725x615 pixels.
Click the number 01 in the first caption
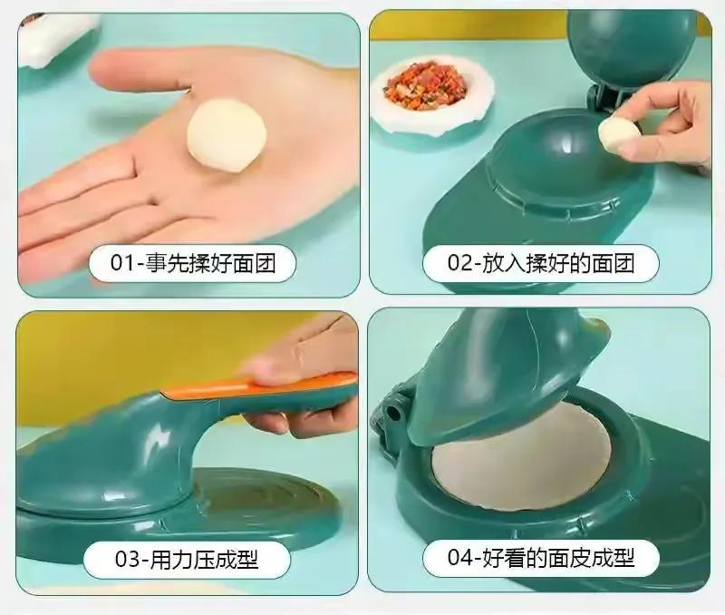[121, 263]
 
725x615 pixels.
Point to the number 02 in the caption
[460, 263]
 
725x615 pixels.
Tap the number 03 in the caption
[127, 559]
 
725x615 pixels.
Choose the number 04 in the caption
[460, 557]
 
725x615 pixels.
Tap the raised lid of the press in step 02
[632, 46]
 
